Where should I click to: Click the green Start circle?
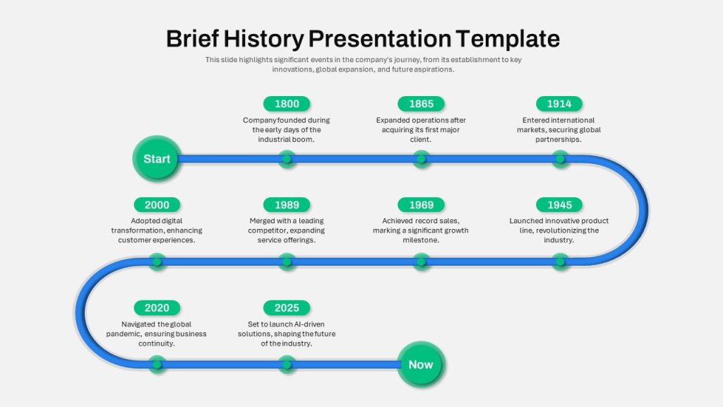[x=157, y=159]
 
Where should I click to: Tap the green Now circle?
[x=421, y=365]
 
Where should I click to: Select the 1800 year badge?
[x=287, y=104]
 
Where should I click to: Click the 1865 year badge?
[x=421, y=104]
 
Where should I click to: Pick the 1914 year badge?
[x=559, y=104]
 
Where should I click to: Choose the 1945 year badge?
[x=559, y=205]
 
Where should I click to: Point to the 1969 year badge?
[x=421, y=205]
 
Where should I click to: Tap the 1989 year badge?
[x=287, y=205]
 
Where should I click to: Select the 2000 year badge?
[x=157, y=205]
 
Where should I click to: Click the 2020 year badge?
[x=157, y=308]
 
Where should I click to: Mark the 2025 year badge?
[x=287, y=308]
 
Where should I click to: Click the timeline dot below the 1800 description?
[x=287, y=159]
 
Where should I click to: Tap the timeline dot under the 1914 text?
[x=560, y=159]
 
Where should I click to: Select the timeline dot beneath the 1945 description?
[x=560, y=262]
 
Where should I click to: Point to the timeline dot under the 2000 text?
[x=157, y=262]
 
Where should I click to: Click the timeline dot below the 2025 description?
[x=287, y=365]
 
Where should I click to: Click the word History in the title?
[x=264, y=39]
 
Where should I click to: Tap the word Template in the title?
[x=508, y=39]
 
